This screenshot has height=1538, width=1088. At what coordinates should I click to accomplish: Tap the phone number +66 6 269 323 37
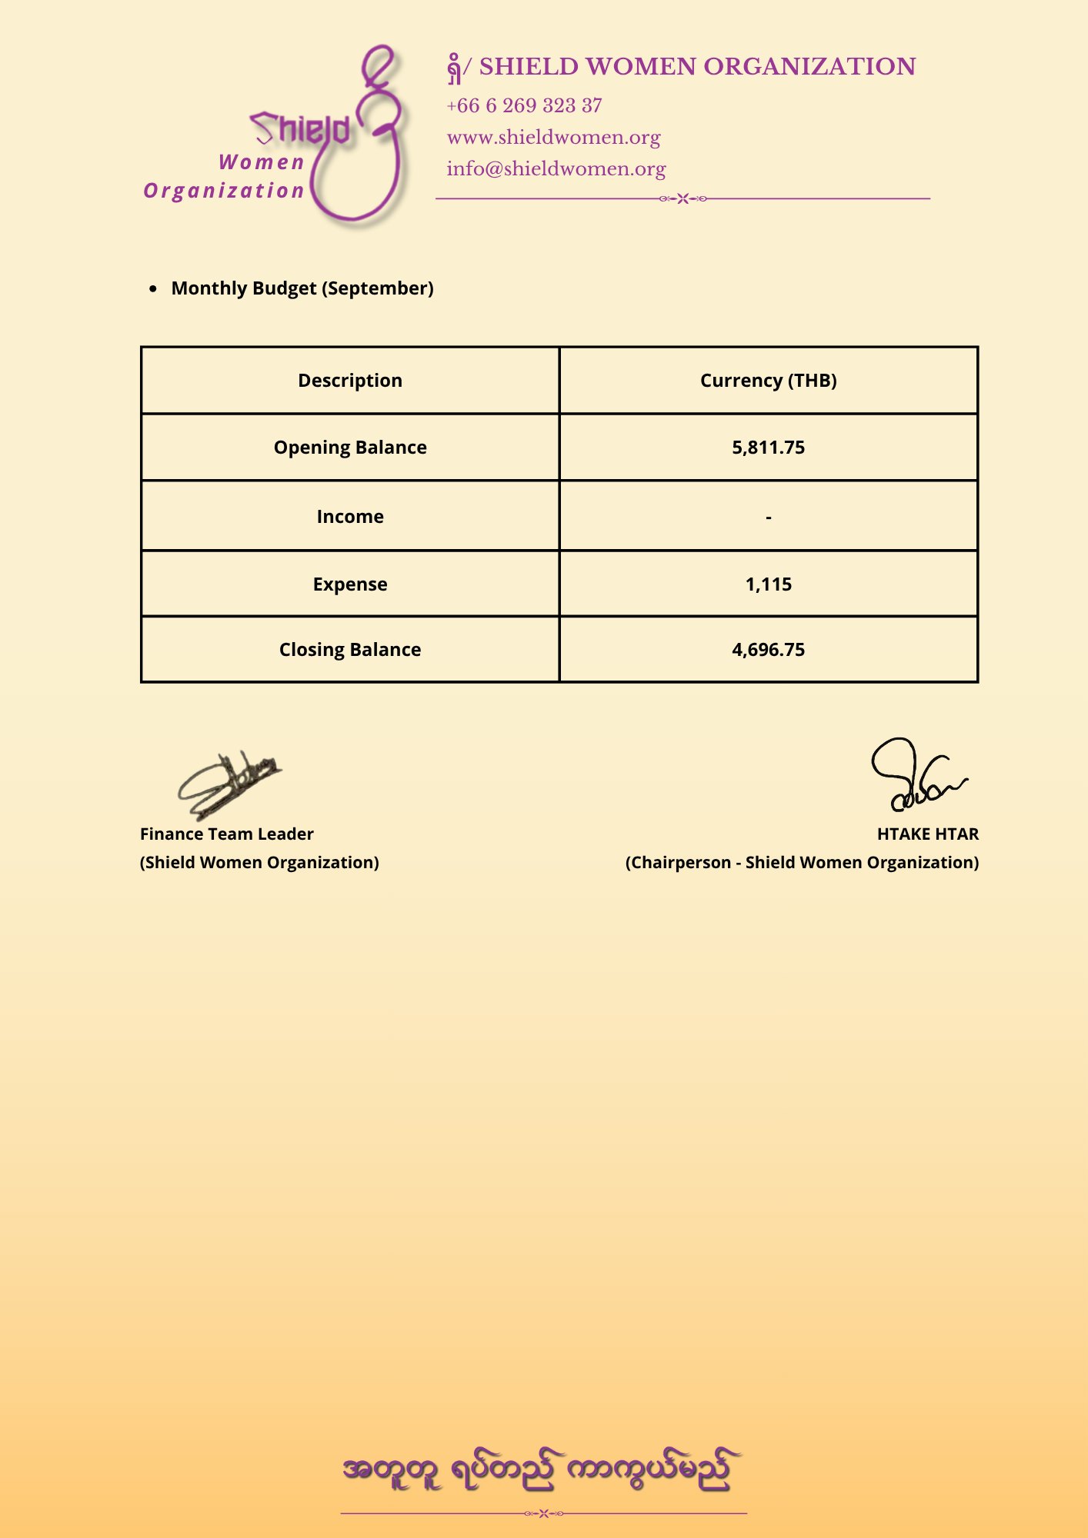point(524,105)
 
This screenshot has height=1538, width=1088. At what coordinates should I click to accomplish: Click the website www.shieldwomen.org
point(553,137)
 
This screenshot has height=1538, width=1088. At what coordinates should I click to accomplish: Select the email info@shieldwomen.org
point(556,168)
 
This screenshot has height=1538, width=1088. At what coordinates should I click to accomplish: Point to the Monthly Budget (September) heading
point(302,288)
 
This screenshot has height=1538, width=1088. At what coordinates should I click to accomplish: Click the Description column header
point(350,381)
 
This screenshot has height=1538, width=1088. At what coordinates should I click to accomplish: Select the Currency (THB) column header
point(768,381)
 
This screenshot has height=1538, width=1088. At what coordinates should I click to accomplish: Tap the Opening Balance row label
point(350,448)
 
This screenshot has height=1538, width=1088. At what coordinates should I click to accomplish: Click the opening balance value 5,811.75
point(768,448)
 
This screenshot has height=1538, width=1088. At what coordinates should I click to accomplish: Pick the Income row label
point(350,517)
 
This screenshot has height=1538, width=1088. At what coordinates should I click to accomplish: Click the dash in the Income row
point(768,518)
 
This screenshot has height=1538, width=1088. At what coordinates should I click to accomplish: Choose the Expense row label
point(350,584)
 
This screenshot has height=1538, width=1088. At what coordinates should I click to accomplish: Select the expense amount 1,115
point(768,584)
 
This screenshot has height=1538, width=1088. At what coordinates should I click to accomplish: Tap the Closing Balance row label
point(350,650)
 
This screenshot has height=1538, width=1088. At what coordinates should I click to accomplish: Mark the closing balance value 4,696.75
point(768,650)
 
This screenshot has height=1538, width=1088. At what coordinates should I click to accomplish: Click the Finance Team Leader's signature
point(229,784)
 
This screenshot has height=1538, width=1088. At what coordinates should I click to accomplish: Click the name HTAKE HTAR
point(927,834)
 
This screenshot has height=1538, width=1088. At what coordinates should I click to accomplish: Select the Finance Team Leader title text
point(227,834)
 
